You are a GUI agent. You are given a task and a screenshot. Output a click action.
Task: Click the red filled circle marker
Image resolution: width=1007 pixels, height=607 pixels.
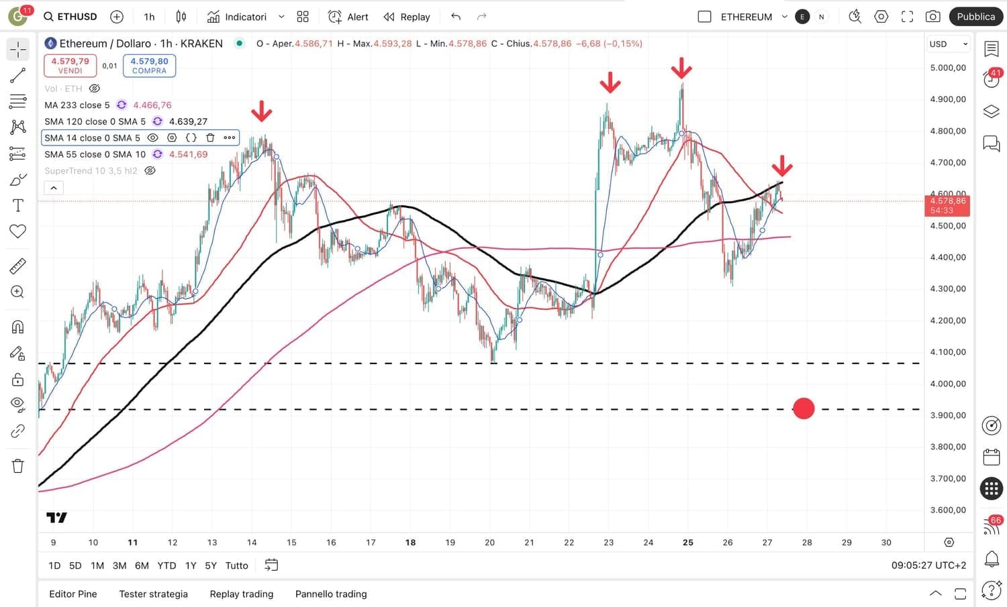coord(804,408)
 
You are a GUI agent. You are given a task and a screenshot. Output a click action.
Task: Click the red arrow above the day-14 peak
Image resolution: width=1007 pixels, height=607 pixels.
coord(262,111)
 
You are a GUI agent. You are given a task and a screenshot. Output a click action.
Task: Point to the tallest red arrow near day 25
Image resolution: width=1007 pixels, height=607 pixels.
coord(681,68)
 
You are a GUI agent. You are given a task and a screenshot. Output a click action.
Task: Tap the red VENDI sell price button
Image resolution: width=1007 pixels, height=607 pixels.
coord(70,65)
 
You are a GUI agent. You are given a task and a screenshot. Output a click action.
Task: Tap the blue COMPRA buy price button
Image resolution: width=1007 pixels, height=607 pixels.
coord(149,65)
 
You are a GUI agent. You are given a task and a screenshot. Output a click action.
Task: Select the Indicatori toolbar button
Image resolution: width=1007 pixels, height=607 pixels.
coord(237,17)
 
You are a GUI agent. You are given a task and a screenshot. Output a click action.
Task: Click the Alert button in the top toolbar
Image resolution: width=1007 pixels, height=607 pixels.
coord(348,17)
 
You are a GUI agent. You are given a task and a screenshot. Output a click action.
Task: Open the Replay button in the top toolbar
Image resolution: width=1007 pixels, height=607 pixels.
coord(407,17)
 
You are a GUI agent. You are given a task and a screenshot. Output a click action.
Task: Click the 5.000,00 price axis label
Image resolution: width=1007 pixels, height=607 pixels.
coord(948,68)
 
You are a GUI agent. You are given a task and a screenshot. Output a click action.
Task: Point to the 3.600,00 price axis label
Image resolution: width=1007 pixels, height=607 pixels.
coord(948,510)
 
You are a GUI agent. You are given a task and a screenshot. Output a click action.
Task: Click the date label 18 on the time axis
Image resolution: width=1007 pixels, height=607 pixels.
coord(410,543)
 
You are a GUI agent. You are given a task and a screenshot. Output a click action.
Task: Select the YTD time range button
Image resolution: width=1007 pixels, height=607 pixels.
coord(166,565)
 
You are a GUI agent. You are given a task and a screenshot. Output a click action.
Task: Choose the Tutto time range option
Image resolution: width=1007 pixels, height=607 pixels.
coord(236,565)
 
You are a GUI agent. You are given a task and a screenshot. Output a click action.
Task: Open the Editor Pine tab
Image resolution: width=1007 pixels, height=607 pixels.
coord(73,594)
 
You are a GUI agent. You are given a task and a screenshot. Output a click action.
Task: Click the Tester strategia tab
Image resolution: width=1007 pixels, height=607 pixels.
coord(153,594)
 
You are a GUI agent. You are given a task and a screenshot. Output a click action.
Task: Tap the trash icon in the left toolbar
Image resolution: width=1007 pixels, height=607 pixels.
coord(18,466)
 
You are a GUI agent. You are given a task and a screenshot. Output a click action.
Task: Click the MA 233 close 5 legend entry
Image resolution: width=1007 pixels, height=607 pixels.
coord(77,105)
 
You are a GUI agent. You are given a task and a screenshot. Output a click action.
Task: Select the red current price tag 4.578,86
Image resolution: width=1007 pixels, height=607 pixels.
coord(947,205)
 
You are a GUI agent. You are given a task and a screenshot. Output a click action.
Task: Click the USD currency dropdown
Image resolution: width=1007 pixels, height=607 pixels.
coord(949,44)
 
